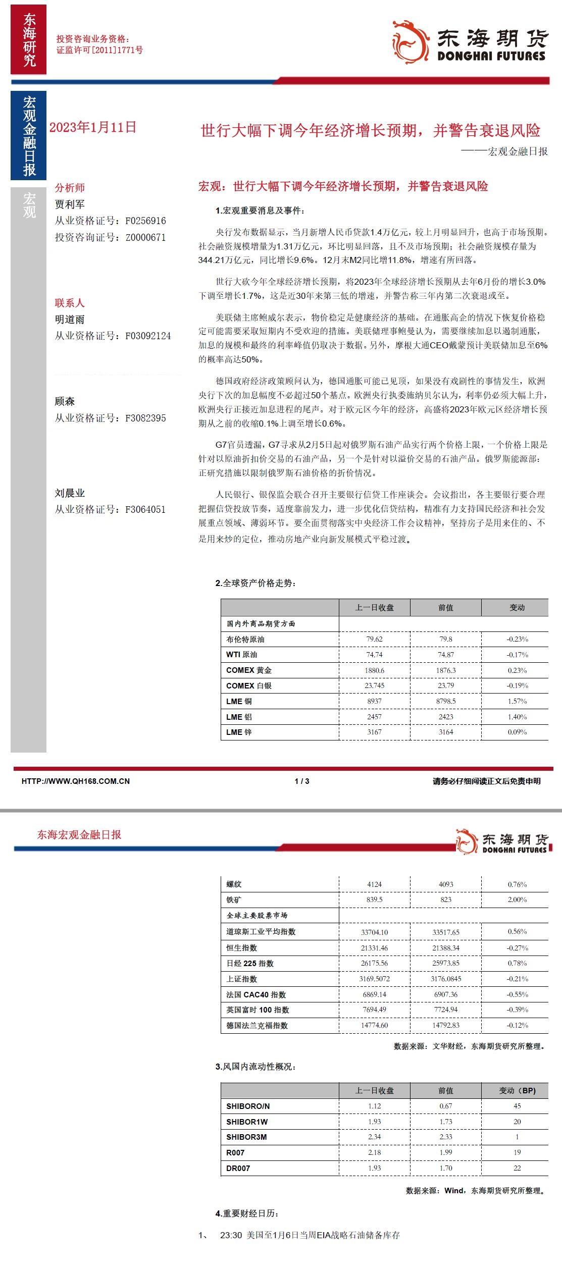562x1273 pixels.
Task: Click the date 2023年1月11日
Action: (93, 127)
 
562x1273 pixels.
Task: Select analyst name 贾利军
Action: (70, 204)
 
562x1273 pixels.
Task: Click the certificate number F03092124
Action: (148, 336)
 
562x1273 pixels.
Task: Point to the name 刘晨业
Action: (70, 493)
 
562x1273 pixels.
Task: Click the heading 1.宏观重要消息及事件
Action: (260, 211)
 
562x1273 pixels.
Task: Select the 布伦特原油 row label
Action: (245, 639)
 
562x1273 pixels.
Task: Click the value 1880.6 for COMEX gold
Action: (375, 670)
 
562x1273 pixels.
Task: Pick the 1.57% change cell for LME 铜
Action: (517, 701)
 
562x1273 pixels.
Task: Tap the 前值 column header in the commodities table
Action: (445, 608)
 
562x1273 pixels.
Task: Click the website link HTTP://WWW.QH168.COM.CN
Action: (76, 781)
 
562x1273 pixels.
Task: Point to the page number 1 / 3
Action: (301, 781)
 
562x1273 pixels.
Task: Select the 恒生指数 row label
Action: (242, 947)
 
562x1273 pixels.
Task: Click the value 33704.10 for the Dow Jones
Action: (375, 932)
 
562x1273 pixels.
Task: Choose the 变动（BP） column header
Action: (517, 1090)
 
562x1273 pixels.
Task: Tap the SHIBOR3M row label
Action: (246, 1137)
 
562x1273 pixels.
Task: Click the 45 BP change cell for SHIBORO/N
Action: (517, 1106)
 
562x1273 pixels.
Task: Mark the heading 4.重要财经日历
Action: (247, 1213)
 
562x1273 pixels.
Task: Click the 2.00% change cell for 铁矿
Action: (517, 899)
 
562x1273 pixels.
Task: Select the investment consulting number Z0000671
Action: (145, 237)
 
